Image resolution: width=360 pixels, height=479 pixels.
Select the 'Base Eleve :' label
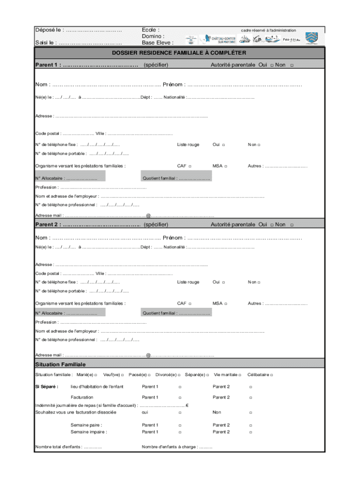tap(158, 43)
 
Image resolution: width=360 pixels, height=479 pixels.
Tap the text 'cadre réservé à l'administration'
tap(268, 30)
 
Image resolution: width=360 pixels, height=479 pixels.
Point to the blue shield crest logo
tap(311, 38)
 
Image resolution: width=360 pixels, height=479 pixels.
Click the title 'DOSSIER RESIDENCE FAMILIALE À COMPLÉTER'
tap(179, 53)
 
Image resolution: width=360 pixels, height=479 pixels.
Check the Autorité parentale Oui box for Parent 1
tap(272, 65)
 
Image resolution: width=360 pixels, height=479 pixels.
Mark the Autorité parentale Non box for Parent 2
tap(292, 225)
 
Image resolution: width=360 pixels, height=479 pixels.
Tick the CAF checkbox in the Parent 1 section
tap(190, 166)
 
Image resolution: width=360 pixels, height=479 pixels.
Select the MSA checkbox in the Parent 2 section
tap(225, 304)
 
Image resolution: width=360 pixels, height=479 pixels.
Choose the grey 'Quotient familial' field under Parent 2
tap(176, 313)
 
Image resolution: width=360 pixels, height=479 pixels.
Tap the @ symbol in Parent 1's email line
tap(148, 216)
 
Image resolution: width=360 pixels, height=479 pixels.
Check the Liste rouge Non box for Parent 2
tap(259, 283)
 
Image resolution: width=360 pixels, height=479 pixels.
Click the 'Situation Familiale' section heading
tap(60, 364)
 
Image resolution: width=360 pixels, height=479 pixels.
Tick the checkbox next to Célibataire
tap(272, 375)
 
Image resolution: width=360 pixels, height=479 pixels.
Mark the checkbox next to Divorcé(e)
tap(180, 375)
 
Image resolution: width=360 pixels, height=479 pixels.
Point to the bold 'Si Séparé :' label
tap(47, 387)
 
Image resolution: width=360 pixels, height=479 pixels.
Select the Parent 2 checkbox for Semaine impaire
tap(251, 432)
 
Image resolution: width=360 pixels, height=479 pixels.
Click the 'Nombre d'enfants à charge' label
tap(169, 447)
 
